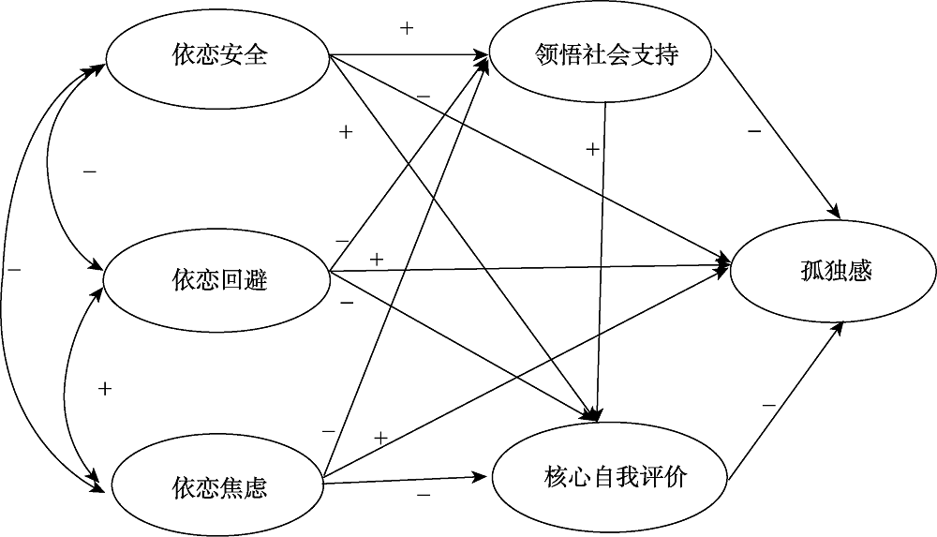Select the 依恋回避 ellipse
(217, 279)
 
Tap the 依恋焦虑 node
(218, 486)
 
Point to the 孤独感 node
(830, 272)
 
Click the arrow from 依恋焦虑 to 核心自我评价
(408, 480)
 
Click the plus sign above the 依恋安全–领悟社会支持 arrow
(407, 28)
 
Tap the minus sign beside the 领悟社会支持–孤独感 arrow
(754, 131)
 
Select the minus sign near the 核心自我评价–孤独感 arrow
(768, 405)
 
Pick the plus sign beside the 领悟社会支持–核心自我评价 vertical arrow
(592, 148)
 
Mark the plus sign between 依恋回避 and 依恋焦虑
(105, 388)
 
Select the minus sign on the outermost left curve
(14, 270)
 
